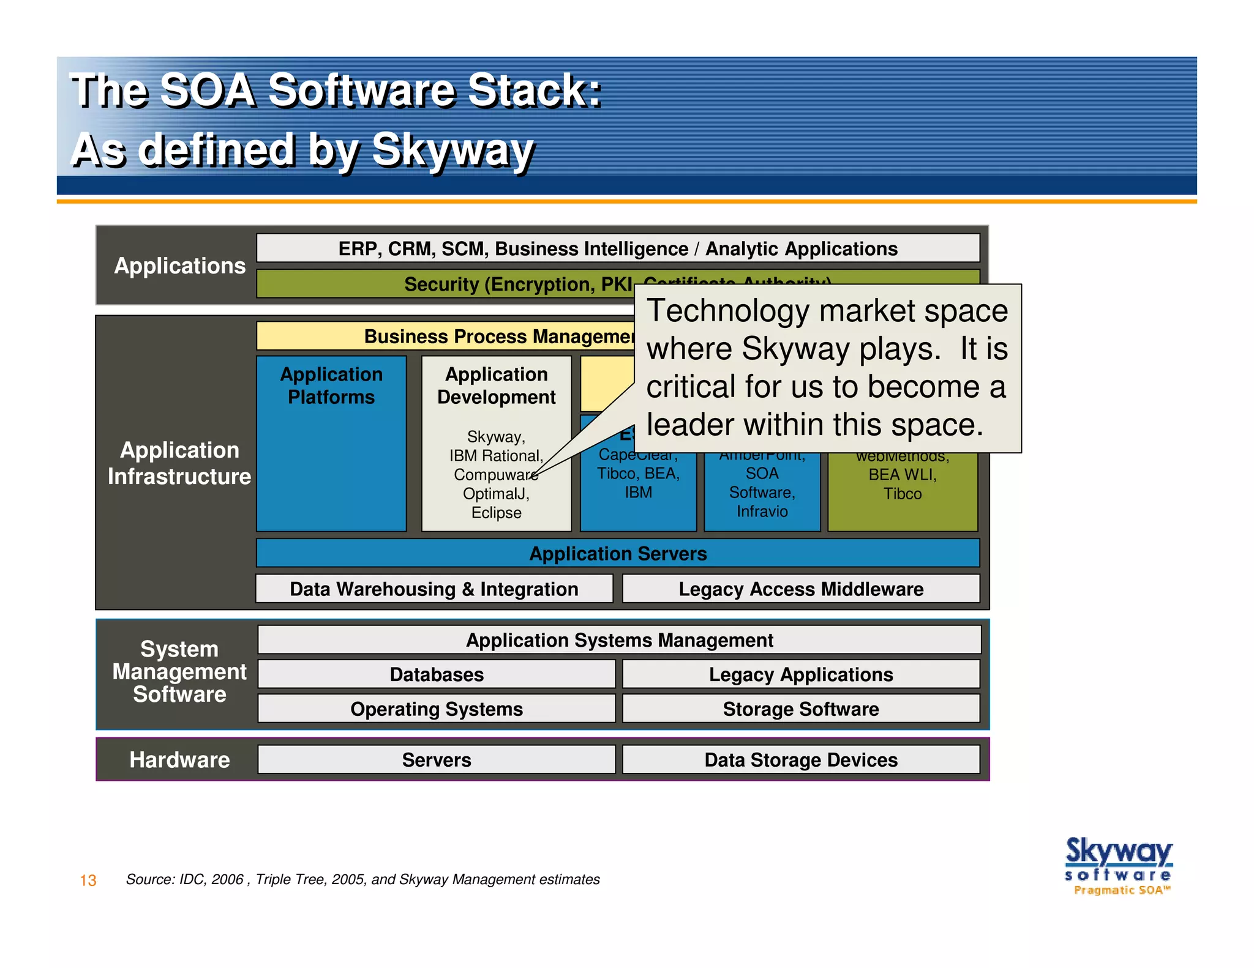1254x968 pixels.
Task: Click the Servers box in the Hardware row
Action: tap(436, 759)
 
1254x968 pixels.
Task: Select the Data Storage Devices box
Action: tap(800, 759)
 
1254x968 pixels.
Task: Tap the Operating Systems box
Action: tap(436, 709)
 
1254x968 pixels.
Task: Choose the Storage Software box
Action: tap(800, 709)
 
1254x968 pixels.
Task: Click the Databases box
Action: tap(436, 674)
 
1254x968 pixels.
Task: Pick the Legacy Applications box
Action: tap(800, 674)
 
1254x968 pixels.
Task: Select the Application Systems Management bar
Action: tap(619, 640)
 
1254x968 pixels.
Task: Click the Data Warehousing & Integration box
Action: tap(434, 589)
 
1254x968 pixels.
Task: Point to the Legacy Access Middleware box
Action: tap(800, 589)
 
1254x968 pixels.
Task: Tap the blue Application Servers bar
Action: tap(617, 553)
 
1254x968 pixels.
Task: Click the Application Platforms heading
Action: tap(331, 385)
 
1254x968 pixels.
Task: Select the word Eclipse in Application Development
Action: tap(496, 513)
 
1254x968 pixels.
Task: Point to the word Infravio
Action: tap(762, 512)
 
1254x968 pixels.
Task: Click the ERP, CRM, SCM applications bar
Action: tap(617, 248)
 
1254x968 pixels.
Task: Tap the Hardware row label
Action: tap(179, 759)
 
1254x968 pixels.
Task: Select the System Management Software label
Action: tap(179, 672)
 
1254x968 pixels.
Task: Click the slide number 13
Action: tap(88, 880)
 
